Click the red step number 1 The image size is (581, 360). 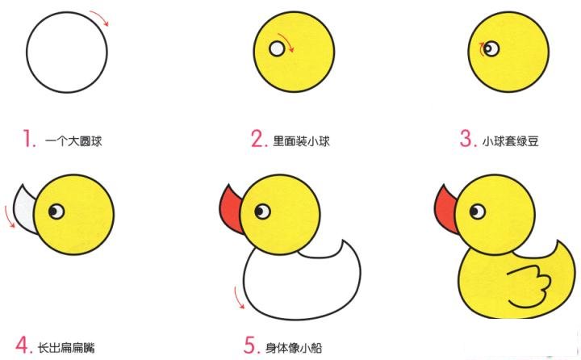[30, 140]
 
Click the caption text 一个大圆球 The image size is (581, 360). [73, 141]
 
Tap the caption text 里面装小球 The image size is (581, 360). [303, 141]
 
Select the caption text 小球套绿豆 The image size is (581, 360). [510, 141]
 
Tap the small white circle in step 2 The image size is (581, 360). [278, 48]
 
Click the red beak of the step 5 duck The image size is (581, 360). [232, 207]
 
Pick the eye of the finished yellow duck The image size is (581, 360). [476, 211]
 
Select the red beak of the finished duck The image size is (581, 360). [445, 207]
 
